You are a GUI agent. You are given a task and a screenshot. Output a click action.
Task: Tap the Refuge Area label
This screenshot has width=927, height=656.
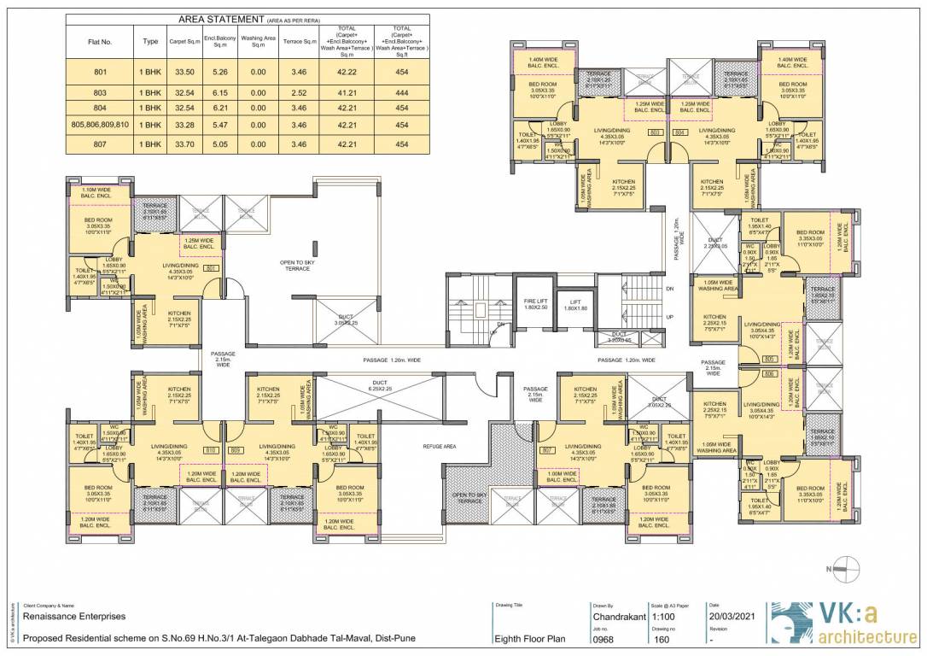[440, 446]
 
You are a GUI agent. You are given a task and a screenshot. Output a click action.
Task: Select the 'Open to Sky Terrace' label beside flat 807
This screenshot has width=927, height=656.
[470, 499]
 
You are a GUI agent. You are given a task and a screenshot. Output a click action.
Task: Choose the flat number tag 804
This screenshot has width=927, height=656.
[680, 133]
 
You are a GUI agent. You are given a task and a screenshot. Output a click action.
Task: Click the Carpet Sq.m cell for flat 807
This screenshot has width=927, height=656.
[184, 144]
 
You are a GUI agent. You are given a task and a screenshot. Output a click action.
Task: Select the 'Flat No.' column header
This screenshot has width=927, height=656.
[100, 40]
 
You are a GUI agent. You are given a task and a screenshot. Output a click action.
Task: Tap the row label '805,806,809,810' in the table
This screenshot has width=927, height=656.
[100, 125]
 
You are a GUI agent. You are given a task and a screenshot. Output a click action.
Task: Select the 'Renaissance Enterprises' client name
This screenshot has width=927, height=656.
[75, 615]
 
